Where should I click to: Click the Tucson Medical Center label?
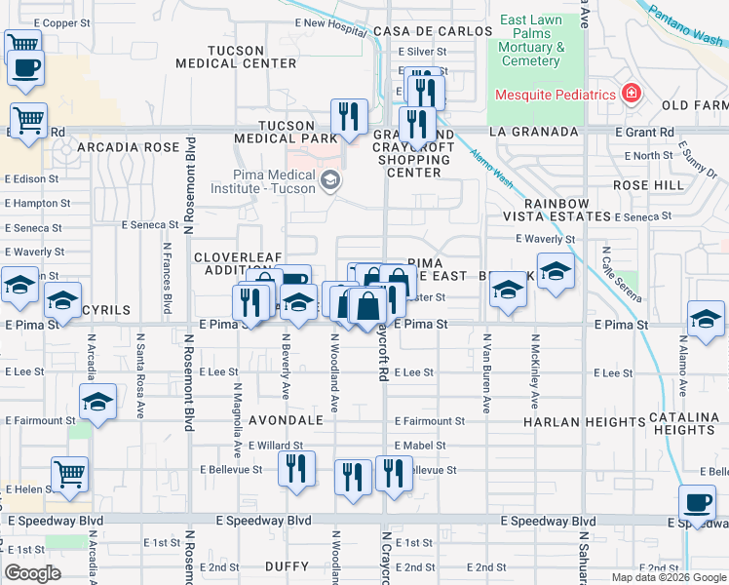click(236, 57)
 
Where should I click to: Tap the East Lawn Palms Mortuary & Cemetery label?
click(532, 40)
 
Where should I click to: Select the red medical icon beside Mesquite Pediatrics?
click(632, 95)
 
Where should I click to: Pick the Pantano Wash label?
click(681, 21)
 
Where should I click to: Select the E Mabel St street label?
click(420, 446)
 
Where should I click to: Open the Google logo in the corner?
click(33, 573)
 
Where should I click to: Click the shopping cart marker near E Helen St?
click(69, 475)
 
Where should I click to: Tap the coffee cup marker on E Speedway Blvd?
click(698, 503)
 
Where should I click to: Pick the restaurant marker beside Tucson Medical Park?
click(348, 117)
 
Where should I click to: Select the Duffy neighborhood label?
click(287, 565)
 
